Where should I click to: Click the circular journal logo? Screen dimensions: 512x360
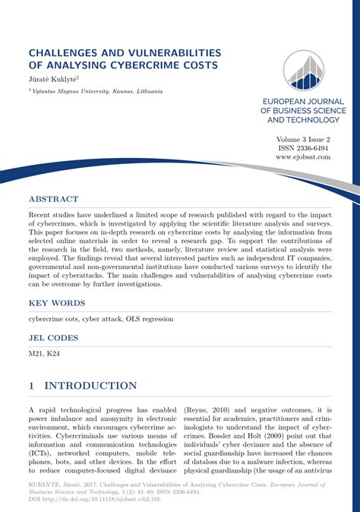click(303, 70)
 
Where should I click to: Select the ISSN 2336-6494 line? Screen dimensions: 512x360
click(303, 148)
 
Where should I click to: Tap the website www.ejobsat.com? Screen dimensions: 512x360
click(303, 157)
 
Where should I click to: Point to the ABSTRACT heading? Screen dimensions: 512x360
click(53, 199)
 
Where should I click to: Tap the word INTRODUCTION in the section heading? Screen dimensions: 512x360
click(95, 386)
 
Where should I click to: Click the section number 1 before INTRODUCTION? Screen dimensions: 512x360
click(32, 386)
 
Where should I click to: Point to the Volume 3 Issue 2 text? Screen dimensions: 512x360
click(303, 139)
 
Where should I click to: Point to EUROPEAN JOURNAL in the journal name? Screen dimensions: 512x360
click(303, 101)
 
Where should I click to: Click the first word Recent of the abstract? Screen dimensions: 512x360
click(42, 216)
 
